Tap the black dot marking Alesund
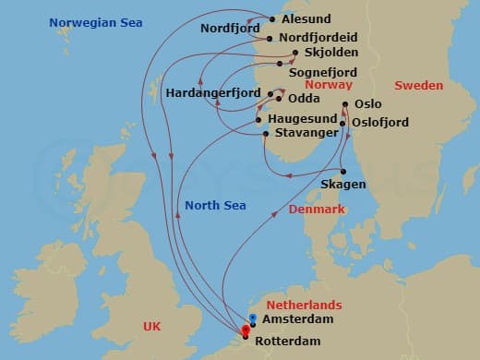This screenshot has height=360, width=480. click(x=272, y=18)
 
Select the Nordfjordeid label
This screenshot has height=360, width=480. click(x=318, y=37)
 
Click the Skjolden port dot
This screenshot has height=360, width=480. click(x=295, y=53)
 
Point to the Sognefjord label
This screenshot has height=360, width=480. click(x=323, y=69)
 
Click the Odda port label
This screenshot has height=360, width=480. click(x=305, y=98)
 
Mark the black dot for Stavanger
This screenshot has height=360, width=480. click(x=266, y=135)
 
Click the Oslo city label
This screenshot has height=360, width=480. click(x=367, y=104)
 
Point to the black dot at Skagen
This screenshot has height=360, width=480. click(x=342, y=171)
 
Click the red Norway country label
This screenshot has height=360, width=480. click(x=327, y=84)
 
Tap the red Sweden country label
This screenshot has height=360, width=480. click(x=418, y=85)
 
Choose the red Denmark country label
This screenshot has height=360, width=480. click(x=317, y=210)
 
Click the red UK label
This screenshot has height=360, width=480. click(x=154, y=326)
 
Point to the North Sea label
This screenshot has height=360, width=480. click(x=215, y=205)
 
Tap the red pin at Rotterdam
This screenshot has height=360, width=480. click(x=246, y=330)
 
